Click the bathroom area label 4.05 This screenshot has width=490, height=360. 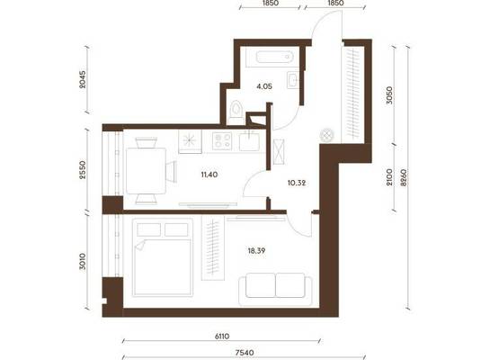click(x=264, y=86)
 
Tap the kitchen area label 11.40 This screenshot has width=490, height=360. click(x=209, y=175)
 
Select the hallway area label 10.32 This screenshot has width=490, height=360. click(x=297, y=183)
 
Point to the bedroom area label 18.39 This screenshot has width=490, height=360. click(x=256, y=250)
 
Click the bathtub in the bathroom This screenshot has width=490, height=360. click(x=274, y=58)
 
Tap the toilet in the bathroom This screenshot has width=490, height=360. click(x=236, y=112)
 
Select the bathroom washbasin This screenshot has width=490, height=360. click(x=293, y=80)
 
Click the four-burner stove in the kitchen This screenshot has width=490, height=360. click(x=222, y=141)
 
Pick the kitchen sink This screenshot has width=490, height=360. click(x=249, y=141)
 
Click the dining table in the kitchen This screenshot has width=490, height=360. click(x=146, y=171)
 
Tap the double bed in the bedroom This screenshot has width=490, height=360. click(x=163, y=257)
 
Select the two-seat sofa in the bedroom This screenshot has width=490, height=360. click(x=275, y=289)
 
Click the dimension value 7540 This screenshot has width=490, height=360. click(x=245, y=353)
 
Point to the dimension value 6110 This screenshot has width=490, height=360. click(x=222, y=337)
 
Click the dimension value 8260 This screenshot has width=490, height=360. click(x=404, y=177)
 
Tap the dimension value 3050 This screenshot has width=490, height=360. click(x=389, y=95)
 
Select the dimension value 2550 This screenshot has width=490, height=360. click(x=82, y=170)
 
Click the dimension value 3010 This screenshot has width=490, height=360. click(x=82, y=262)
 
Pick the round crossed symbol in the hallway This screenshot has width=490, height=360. click(x=327, y=136)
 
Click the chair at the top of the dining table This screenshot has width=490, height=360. click(x=146, y=143)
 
